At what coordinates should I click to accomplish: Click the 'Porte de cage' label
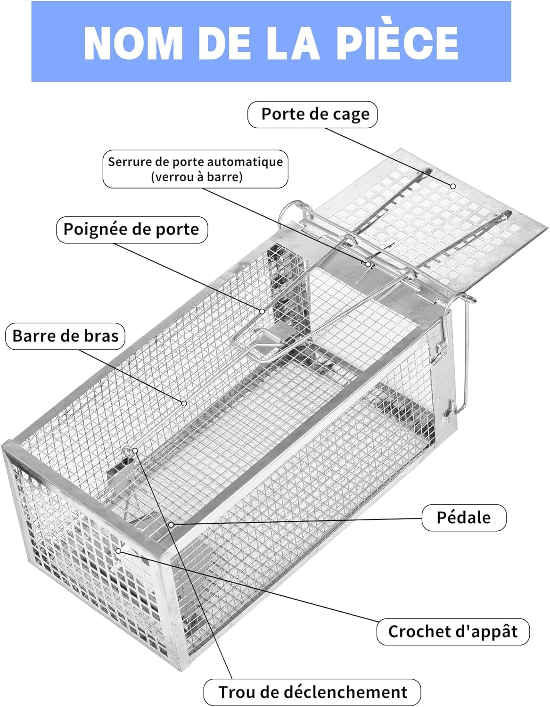(312, 115)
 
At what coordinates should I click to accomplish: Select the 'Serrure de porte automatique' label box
(195, 169)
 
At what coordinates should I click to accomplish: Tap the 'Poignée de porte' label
(131, 230)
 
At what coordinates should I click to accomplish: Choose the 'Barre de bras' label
(65, 336)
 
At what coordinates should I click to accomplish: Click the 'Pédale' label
(464, 518)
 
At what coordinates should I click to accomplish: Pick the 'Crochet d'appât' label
(452, 632)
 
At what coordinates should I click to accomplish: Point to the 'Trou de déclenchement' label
(312, 692)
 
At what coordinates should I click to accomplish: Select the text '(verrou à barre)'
(197, 177)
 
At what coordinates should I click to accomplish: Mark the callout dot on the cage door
(453, 186)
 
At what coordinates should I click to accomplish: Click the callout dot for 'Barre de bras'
(184, 403)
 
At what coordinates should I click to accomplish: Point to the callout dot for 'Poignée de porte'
(263, 311)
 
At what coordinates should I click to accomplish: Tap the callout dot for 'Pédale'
(172, 524)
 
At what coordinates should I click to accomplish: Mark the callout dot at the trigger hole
(135, 451)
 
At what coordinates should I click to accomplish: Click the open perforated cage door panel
(424, 222)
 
